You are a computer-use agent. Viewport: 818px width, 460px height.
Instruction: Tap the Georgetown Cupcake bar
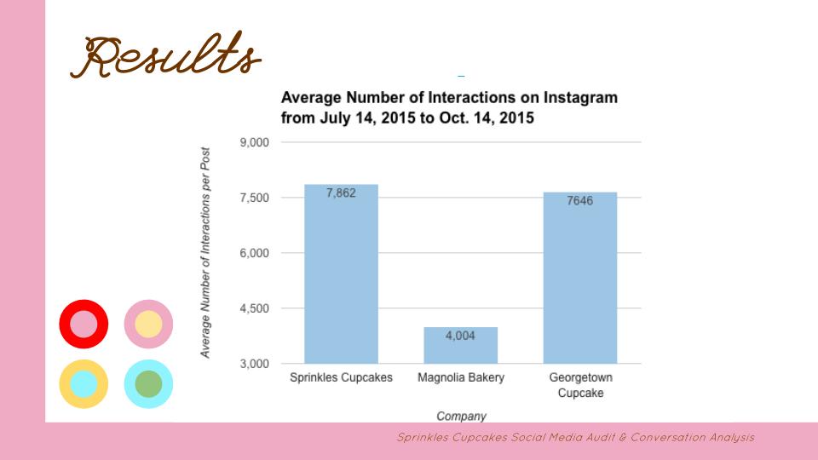pos(579,278)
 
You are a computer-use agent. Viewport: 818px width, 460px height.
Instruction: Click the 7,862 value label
pos(341,193)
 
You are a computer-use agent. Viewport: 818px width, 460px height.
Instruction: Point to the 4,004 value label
pos(460,336)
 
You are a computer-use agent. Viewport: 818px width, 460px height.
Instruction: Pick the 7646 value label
pos(579,201)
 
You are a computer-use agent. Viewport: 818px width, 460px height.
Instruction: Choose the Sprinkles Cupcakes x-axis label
pos(341,377)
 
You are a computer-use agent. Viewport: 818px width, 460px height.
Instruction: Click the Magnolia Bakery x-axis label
pos(460,377)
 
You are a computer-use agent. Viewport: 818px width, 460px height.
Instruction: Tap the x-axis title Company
pos(461,417)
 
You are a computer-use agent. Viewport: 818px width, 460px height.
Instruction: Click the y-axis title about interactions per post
pos(206,252)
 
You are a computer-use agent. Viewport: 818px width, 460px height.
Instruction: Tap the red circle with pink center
pos(84,324)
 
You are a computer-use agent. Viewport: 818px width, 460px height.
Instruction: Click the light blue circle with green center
pos(148,383)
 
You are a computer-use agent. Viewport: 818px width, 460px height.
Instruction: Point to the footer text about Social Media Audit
pos(575,437)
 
